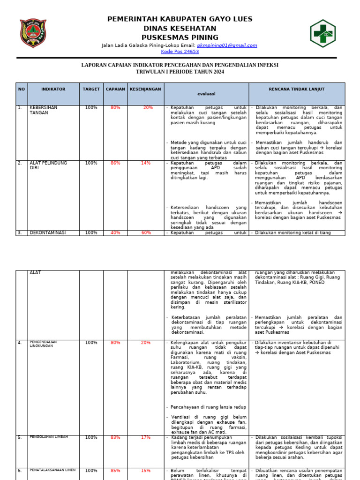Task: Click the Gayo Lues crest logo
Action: click(33, 33)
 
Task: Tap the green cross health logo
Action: click(322, 33)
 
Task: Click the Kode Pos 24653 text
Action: click(180, 52)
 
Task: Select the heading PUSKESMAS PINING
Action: click(180, 37)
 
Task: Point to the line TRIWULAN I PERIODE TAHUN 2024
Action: click(180, 72)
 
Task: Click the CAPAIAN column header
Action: click(115, 89)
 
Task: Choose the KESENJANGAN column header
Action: click(145, 89)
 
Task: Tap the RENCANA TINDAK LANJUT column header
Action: click(296, 89)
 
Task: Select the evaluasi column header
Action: click(206, 94)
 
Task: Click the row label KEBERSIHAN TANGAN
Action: click(44, 110)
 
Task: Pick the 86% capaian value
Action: click(115, 163)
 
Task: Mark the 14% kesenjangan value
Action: click(146, 163)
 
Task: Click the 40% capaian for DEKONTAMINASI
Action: click(115, 232)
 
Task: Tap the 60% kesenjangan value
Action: click(146, 232)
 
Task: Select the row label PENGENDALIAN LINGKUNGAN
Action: click(43, 344)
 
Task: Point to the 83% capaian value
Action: click(115, 437)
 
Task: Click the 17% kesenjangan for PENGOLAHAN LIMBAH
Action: click(146, 437)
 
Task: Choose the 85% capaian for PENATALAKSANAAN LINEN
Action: click(115, 471)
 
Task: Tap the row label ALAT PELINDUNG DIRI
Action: click(48, 165)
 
